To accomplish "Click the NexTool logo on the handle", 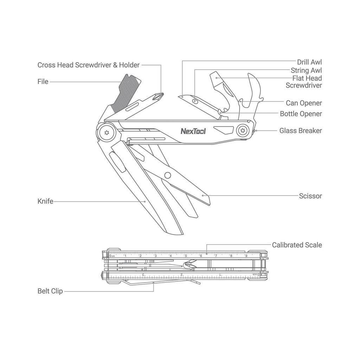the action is [193, 131].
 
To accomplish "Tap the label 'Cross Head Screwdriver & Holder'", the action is [88, 65].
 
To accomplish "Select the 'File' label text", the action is [43, 82].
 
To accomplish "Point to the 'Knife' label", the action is [45, 201].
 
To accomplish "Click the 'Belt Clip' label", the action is [50, 291].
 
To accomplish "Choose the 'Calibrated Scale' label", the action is [297, 245].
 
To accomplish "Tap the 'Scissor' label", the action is [310, 196].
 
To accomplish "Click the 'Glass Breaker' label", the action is [301, 131].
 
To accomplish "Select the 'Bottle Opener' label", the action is [301, 114].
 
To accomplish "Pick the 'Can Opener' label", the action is [304, 103].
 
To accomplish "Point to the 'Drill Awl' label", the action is [309, 62].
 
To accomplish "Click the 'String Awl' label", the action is [306, 70].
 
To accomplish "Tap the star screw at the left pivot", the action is [107, 133].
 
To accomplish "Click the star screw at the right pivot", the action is [243, 131].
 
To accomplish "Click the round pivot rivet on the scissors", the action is [168, 175].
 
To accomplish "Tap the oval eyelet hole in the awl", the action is [195, 101].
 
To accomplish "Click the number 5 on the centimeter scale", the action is [186, 256].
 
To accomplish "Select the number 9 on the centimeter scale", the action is [246, 256].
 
